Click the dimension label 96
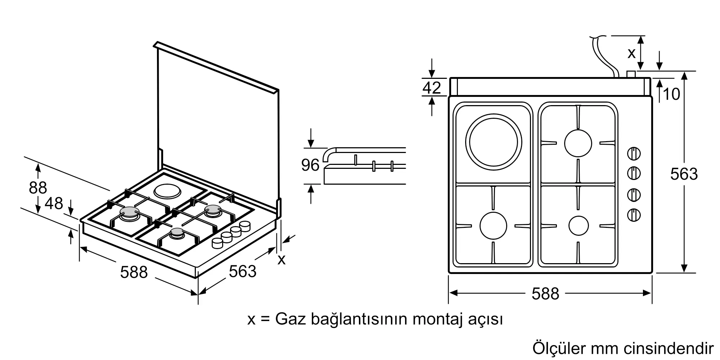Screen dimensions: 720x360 click(x=310, y=165)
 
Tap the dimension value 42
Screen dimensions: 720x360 click(x=432, y=87)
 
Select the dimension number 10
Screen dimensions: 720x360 click(x=671, y=94)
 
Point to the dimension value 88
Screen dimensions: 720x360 click(x=38, y=188)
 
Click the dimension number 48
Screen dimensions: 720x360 click(x=54, y=203)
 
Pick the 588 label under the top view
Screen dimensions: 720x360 click(x=545, y=294)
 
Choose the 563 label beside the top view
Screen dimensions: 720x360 click(x=684, y=174)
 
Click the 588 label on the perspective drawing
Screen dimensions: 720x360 click(x=134, y=272)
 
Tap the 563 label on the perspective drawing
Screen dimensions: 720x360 click(x=243, y=271)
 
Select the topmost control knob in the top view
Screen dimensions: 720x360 click(x=634, y=154)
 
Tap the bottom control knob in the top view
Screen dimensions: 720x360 click(x=634, y=215)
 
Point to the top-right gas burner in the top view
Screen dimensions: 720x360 click(x=578, y=143)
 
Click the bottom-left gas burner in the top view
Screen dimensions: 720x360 click(x=493, y=226)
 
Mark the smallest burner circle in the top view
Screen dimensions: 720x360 click(x=579, y=226)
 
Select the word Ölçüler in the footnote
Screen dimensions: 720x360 click(x=558, y=348)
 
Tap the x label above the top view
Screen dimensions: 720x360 click(x=631, y=53)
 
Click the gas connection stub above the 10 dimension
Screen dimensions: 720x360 click(x=631, y=75)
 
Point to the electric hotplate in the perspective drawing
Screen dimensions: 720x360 click(x=167, y=191)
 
